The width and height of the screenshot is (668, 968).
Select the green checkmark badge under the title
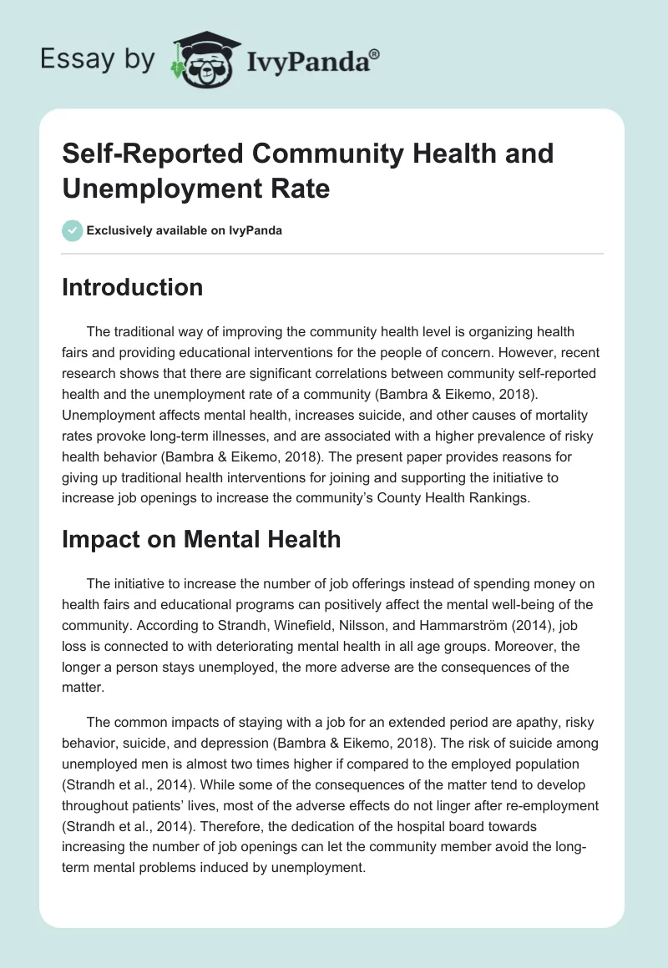point(73,230)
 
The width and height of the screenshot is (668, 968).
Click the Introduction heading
point(132,288)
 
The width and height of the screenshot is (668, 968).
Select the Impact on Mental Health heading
point(201,539)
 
